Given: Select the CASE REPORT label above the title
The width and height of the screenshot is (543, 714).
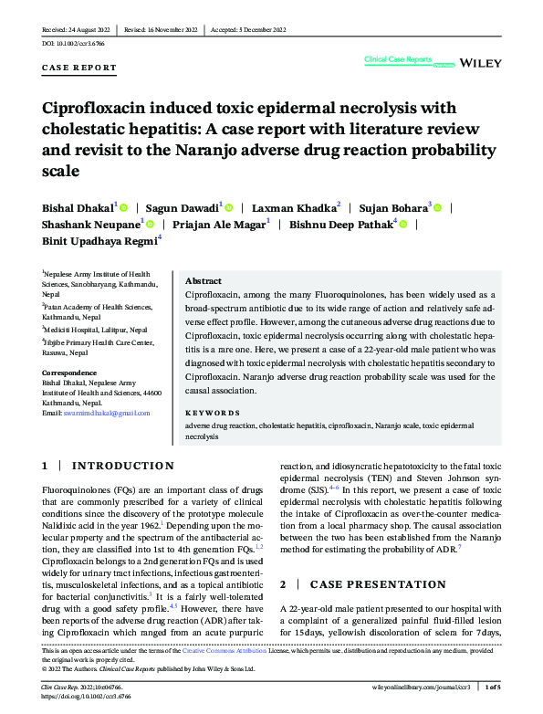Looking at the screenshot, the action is pos(79,68).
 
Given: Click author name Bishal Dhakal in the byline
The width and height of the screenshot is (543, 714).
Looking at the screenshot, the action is pos(78,207).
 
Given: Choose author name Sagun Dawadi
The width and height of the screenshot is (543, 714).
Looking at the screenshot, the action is pos(183,207).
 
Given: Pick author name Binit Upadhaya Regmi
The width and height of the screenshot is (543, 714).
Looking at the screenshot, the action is pos(99,240).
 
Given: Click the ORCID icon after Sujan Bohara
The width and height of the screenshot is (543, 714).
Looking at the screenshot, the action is pos(439,208).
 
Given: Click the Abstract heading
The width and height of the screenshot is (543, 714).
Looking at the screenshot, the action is pos(204,281).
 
